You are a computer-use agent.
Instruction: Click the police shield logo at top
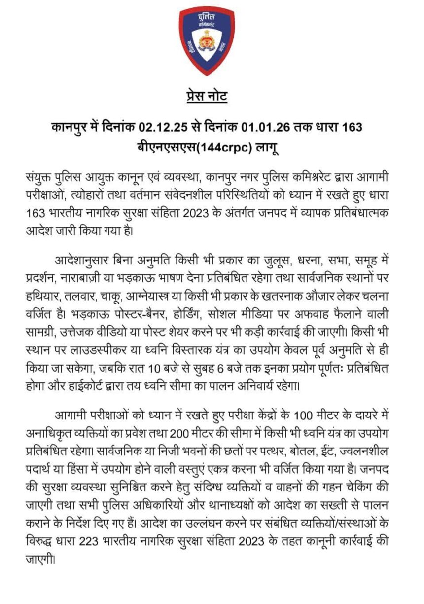point(207,41)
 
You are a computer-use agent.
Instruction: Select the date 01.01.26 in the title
point(264,127)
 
